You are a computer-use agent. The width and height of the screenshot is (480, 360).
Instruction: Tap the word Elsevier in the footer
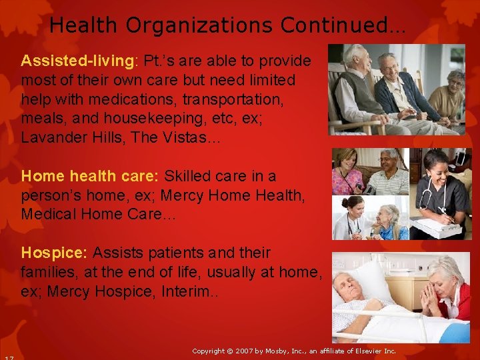coord(369,351)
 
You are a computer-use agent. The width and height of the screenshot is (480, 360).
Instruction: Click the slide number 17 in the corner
coord(7,357)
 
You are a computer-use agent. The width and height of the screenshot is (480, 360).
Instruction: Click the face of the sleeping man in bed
coord(351,285)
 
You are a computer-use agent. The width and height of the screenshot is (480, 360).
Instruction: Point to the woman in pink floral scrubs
coord(349,172)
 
